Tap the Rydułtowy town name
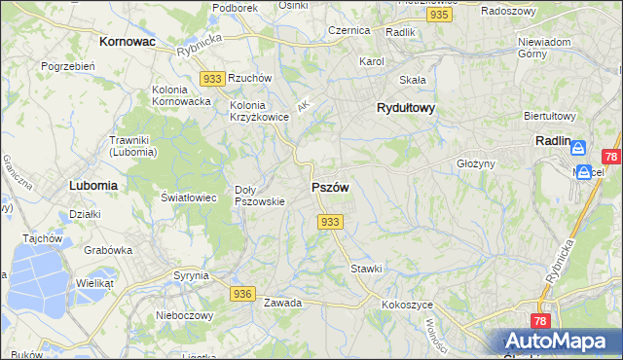coord(405,109)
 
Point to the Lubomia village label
coord(93,184)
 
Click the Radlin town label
coord(552,140)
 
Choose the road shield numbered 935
coord(440,16)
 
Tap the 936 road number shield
coord(243,293)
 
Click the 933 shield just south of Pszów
coord(330,222)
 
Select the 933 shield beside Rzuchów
coord(211,78)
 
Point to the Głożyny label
coord(476,164)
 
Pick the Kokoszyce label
coord(407,305)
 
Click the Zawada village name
coord(282,303)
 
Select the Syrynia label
coord(191,275)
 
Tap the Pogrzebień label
coord(67,66)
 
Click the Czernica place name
coord(349,30)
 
